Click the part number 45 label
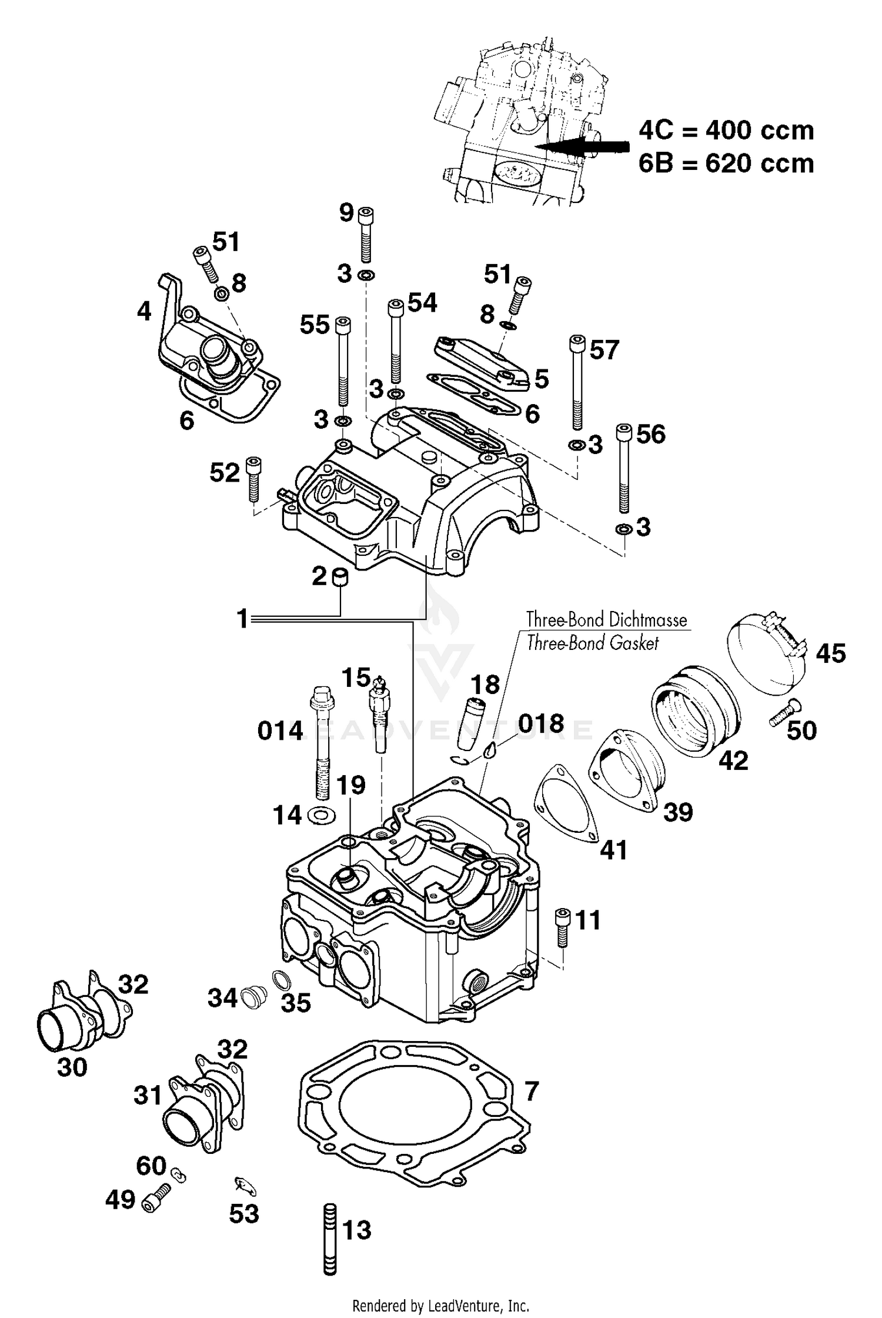pyautogui.click(x=830, y=653)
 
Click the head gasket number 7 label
pyautogui.click(x=531, y=1091)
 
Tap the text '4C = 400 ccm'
pyautogui.click(x=726, y=131)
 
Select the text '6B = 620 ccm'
pyautogui.click(x=726, y=164)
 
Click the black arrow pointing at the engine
pyautogui.click(x=588, y=145)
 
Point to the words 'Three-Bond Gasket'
pyautogui.click(x=593, y=643)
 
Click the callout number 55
pyautogui.click(x=315, y=325)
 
